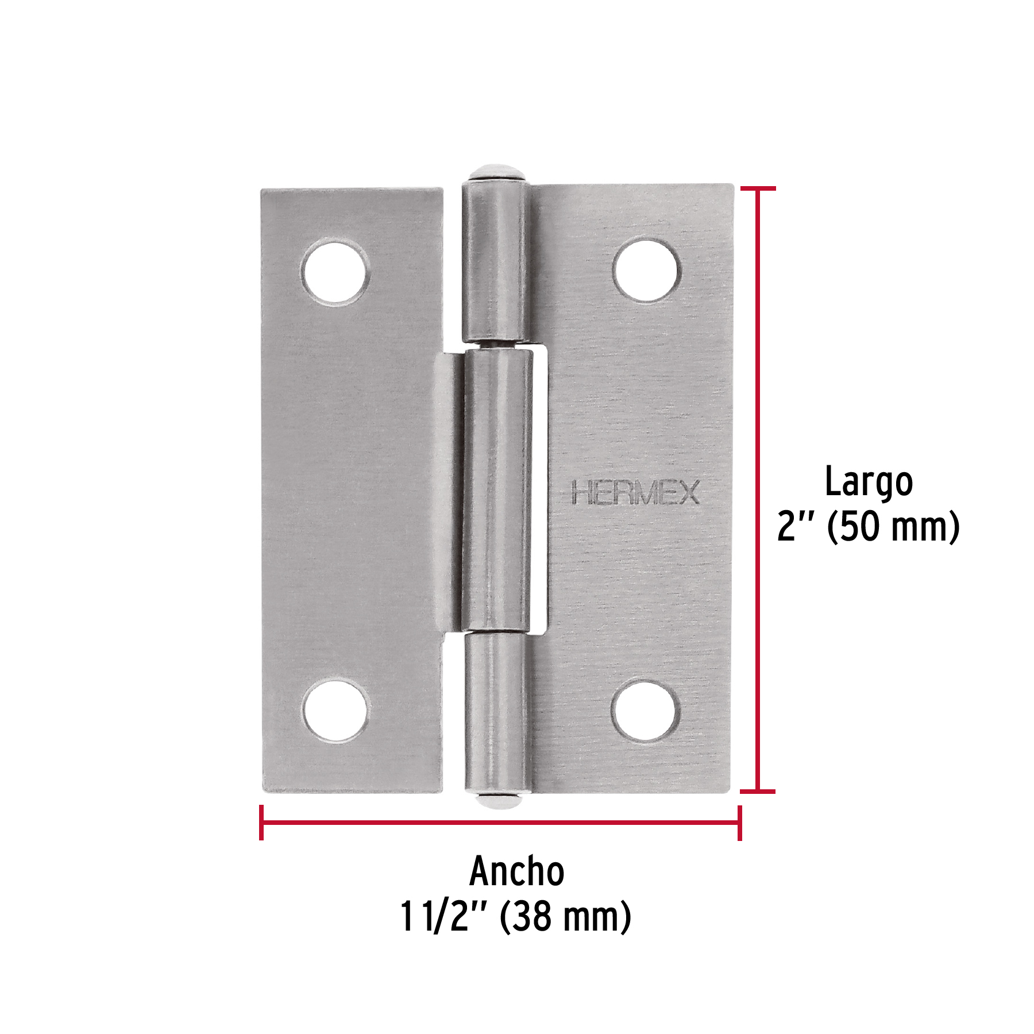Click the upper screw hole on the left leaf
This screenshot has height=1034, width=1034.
(335, 273)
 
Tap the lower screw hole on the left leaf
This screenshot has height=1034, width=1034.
(335, 710)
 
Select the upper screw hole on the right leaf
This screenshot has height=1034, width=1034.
(646, 270)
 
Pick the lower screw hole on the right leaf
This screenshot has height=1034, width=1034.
(646, 710)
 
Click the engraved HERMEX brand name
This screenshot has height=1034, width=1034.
(635, 493)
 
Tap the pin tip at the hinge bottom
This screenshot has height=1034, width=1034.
(495, 800)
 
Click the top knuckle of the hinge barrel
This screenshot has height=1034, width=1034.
(495, 261)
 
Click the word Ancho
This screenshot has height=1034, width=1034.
(517, 871)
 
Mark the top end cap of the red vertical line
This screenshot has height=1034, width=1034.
(758, 188)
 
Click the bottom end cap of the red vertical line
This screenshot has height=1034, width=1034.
(758, 792)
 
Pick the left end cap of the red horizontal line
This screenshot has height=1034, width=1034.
(261, 823)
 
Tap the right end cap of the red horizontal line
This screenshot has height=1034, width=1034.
(739, 823)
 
